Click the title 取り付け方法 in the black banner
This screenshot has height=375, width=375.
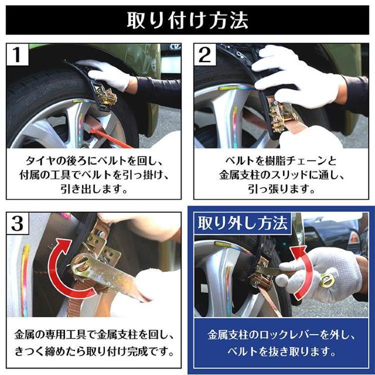coord(187,19)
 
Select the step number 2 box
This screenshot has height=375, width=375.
coord(206,57)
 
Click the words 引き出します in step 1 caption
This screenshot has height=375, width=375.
coord(94,190)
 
